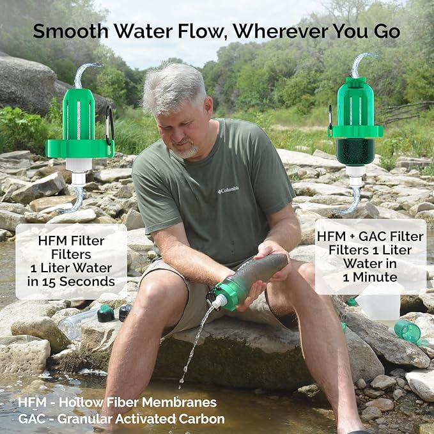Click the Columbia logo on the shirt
228,190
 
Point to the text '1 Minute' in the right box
370,277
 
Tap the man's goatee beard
187,152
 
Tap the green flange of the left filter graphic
79,148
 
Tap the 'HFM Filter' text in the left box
70,241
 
